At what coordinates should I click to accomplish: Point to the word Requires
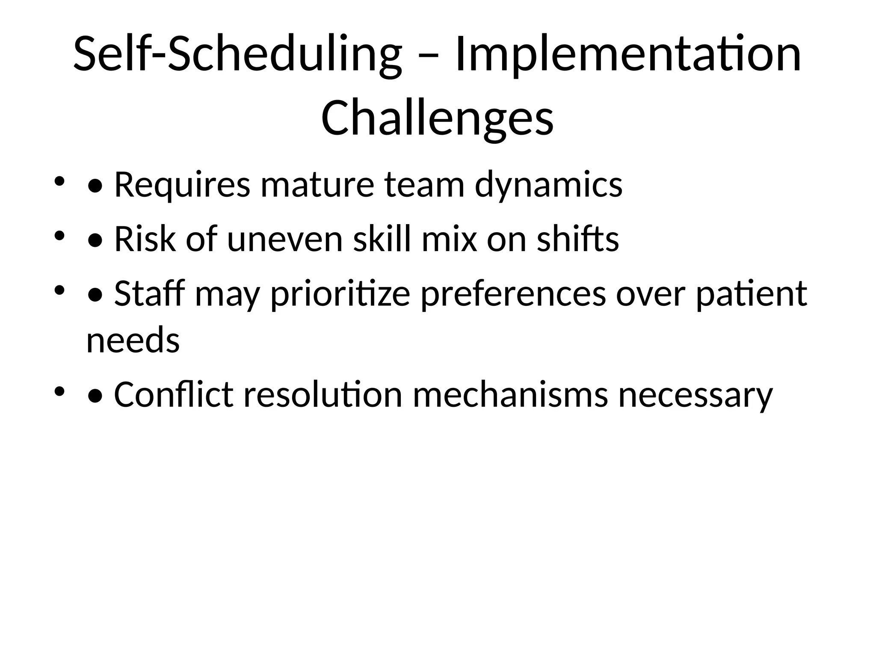click(x=182, y=185)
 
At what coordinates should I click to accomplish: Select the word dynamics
click(x=549, y=185)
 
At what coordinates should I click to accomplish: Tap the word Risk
click(x=145, y=240)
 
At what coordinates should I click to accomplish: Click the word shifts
click(x=577, y=240)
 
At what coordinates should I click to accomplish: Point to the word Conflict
click(x=173, y=394)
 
